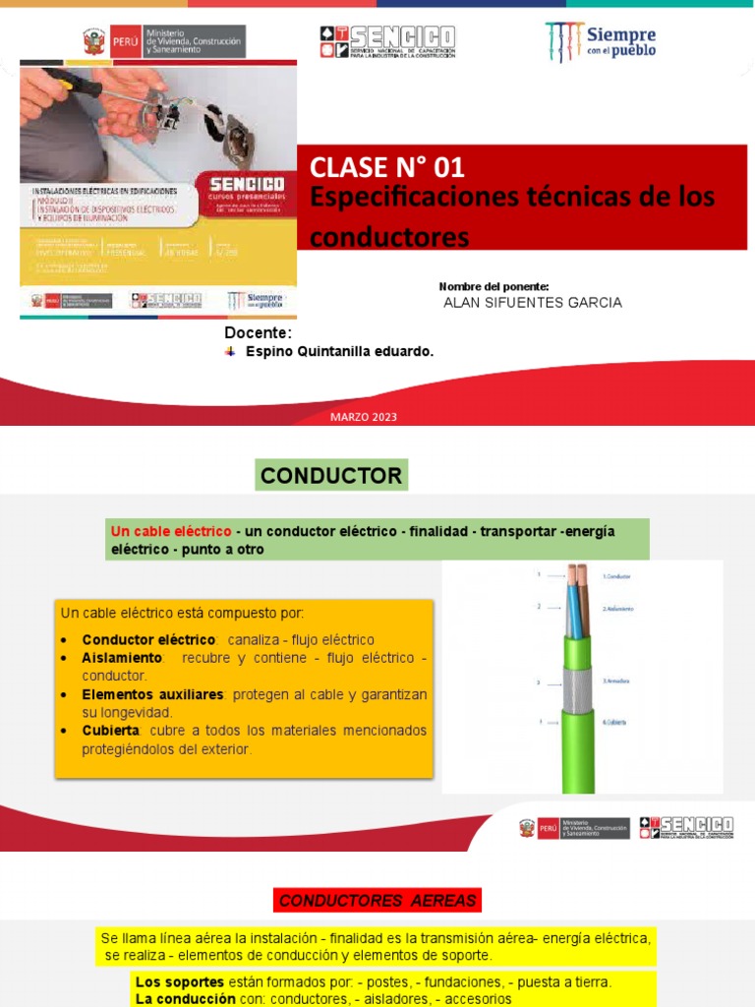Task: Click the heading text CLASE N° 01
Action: [x=386, y=167]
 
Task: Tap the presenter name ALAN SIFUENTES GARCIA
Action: [x=533, y=303]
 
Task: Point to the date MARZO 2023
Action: [x=364, y=418]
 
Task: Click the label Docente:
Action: [x=259, y=332]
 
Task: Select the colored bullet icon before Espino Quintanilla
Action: [x=230, y=351]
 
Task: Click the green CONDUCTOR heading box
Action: [x=331, y=476]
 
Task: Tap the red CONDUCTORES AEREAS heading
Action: [x=377, y=901]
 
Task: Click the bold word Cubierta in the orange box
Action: [x=111, y=731]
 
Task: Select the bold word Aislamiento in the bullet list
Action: [x=121, y=657]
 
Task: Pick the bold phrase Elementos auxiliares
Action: [x=152, y=694]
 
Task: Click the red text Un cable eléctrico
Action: [x=171, y=531]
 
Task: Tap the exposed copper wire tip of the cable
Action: [x=576, y=573]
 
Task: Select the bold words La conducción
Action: [x=179, y=999]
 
